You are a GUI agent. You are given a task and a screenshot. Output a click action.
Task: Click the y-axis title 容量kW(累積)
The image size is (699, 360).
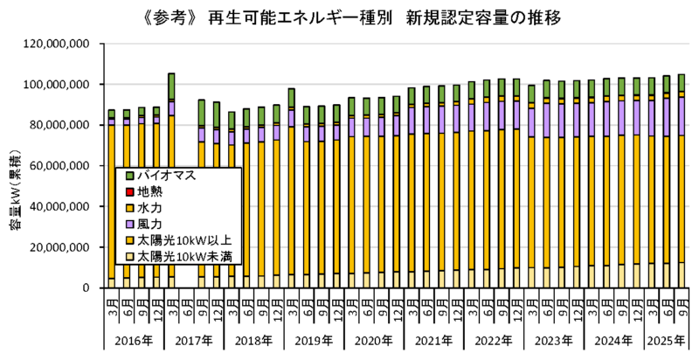coord(16,187)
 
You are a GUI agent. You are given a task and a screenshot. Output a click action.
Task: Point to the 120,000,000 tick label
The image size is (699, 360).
coord(55,44)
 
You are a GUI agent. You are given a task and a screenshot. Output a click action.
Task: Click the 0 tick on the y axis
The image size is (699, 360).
coord(84,288)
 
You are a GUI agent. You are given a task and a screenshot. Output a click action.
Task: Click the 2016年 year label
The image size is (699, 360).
coord(134,339)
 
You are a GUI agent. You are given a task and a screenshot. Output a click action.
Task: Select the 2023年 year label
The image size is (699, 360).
coord(551,339)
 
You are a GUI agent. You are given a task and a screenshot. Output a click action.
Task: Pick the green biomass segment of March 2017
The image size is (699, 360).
coord(171,87)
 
